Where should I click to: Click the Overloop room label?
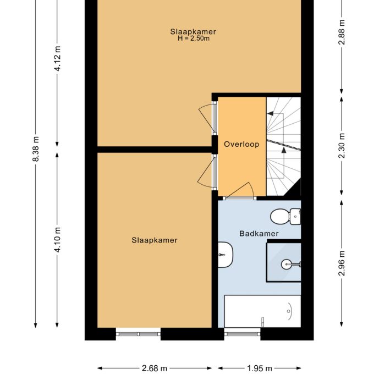coord(241,145)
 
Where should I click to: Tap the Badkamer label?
coord(258,234)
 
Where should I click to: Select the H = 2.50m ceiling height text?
coord(193,38)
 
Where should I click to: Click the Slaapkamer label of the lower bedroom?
coord(155,240)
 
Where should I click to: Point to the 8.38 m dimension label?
coord(36,148)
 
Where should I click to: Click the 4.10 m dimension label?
coord(57,240)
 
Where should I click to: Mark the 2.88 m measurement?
coord(342,32)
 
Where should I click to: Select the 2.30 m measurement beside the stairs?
coord(342,146)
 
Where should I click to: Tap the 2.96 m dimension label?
coord(342,262)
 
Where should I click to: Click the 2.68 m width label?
coord(155,369)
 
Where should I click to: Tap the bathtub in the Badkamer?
coord(262,311)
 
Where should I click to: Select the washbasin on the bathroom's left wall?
coord(225,255)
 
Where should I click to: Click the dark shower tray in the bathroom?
coord(284,262)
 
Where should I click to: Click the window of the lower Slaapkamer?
coord(138,332)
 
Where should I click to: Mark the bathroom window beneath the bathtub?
coord(242,332)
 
